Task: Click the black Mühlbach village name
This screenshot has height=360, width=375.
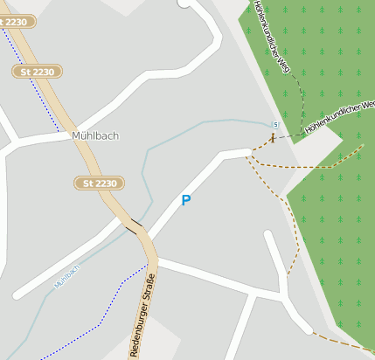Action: [95, 135]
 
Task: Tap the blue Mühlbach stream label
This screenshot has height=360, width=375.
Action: [66, 277]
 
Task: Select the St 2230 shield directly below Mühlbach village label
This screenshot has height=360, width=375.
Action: [99, 183]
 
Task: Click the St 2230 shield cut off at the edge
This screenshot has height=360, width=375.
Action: [16, 20]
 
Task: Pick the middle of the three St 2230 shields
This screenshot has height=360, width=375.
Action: [36, 71]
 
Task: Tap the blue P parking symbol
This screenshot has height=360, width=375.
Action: [185, 200]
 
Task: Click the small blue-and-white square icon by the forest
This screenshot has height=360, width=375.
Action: [275, 123]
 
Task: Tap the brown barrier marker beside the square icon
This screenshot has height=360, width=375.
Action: [273, 137]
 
